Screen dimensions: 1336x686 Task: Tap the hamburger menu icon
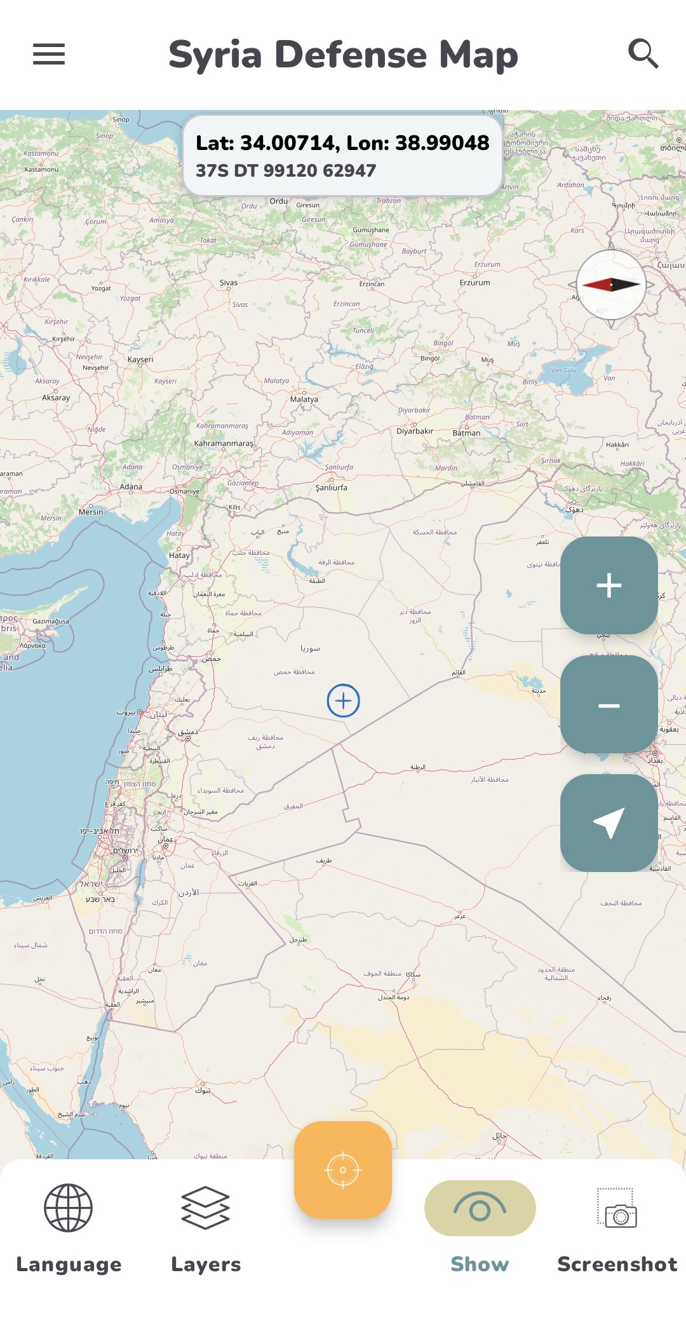pyautogui.click(x=49, y=54)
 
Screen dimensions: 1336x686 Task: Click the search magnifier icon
pyautogui.click(x=643, y=53)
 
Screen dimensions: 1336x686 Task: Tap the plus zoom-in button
pyautogui.click(x=609, y=585)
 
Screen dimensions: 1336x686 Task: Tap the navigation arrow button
pyautogui.click(x=609, y=822)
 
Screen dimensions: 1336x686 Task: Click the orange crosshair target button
pyautogui.click(x=343, y=1169)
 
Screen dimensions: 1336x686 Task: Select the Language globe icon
pyautogui.click(x=68, y=1208)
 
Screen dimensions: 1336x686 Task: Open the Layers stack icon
pyautogui.click(x=205, y=1208)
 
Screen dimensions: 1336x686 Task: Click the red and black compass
pyautogui.click(x=610, y=285)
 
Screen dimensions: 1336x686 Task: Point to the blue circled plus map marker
pyautogui.click(x=343, y=700)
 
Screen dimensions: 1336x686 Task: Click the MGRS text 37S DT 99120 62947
pyautogui.click(x=286, y=170)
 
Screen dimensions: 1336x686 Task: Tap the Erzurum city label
pyautogui.click(x=474, y=282)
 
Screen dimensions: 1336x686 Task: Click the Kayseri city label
pyautogui.click(x=140, y=359)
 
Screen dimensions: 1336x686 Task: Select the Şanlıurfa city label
pyautogui.click(x=331, y=487)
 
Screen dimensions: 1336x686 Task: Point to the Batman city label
pyautogui.click(x=466, y=433)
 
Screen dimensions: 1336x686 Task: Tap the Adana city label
pyautogui.click(x=131, y=487)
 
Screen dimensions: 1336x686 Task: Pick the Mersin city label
pyautogui.click(x=91, y=512)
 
